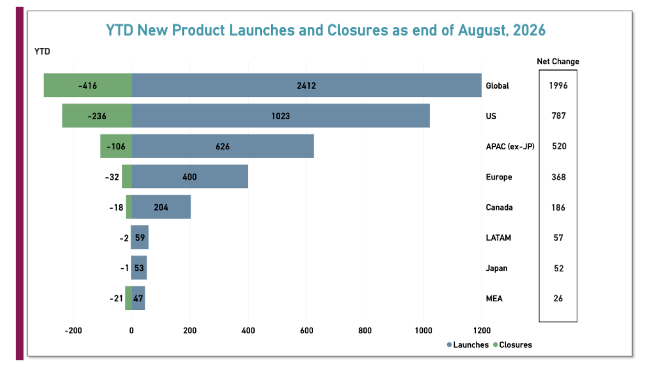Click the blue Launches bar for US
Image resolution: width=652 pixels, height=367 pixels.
[x=280, y=116]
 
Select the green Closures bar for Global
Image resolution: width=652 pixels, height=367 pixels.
[x=87, y=85]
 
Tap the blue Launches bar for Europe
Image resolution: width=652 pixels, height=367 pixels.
[x=189, y=176]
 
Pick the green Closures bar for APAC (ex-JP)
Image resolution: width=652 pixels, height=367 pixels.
[x=116, y=146]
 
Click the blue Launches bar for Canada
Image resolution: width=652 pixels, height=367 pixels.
[x=161, y=207]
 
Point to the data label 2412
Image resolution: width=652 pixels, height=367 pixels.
[x=306, y=86]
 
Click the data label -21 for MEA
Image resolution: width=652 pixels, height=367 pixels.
[x=116, y=299]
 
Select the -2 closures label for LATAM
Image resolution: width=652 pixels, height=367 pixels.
[x=124, y=238]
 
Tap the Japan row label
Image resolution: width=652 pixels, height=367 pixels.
[x=497, y=268]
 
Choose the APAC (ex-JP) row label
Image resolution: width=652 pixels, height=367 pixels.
[x=510, y=146]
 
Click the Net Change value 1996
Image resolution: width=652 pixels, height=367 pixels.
[x=558, y=86]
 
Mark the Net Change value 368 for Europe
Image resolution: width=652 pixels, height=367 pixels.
[x=559, y=177]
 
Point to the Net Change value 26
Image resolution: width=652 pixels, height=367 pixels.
[x=558, y=299]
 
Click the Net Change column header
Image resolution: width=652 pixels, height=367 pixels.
[x=558, y=62]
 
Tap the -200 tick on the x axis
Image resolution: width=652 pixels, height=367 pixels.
[x=73, y=331]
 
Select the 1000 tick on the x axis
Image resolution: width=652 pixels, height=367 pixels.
[x=423, y=331]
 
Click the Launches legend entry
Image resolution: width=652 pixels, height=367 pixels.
[x=468, y=345]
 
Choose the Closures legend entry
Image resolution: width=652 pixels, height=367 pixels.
[x=512, y=345]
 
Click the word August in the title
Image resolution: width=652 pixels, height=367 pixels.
[x=483, y=30]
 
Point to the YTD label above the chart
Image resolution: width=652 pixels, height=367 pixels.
[x=42, y=51]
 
